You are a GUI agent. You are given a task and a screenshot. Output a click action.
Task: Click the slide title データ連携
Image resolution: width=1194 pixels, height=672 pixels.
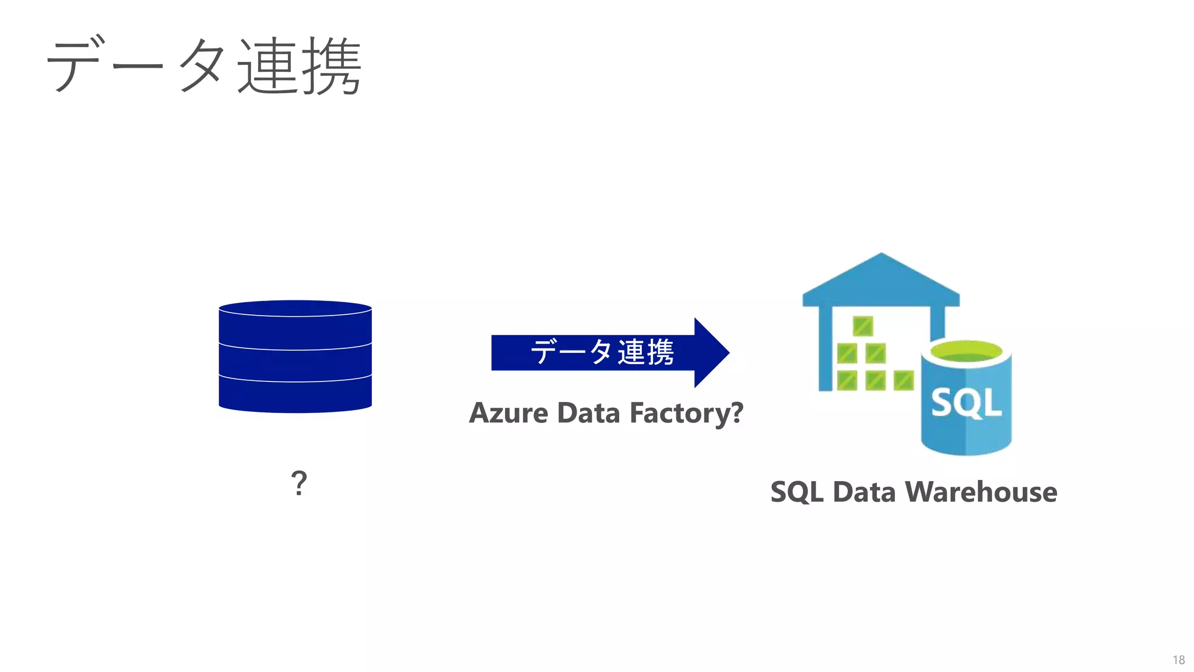pos(204,65)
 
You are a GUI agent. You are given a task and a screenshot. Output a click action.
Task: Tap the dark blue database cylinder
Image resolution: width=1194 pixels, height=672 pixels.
pos(295,356)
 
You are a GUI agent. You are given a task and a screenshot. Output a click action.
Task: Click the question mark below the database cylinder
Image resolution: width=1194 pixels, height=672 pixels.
pos(298,483)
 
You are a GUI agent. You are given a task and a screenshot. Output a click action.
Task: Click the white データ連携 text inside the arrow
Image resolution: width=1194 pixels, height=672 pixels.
pos(602,352)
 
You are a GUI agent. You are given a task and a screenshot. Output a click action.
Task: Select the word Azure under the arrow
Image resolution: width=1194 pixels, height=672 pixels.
pos(509,413)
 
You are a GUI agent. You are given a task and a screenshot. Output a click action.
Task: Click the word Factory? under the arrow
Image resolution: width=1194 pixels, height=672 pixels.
pos(686,413)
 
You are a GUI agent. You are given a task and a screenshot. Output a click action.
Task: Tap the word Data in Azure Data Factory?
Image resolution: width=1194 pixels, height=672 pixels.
pos(588,413)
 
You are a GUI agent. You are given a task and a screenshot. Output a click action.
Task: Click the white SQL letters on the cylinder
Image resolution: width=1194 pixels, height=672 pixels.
pos(966,402)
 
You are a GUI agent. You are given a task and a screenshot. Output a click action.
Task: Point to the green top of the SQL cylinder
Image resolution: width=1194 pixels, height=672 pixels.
pos(966,352)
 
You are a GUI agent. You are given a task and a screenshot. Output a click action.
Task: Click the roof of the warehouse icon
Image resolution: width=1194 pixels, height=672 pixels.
pos(881,280)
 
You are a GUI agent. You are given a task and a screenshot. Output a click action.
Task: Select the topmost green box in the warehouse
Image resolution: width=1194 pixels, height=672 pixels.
pos(863,326)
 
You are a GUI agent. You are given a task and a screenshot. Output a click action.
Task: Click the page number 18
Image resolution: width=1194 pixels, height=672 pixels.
pos(1178,660)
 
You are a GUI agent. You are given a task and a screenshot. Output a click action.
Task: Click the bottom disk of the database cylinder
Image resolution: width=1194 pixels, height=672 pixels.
pos(295,395)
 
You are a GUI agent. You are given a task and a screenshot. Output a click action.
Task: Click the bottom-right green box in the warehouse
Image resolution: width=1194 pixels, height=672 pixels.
pos(904,381)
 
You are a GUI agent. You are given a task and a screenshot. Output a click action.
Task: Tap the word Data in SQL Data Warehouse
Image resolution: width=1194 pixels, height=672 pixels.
pos(864,492)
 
